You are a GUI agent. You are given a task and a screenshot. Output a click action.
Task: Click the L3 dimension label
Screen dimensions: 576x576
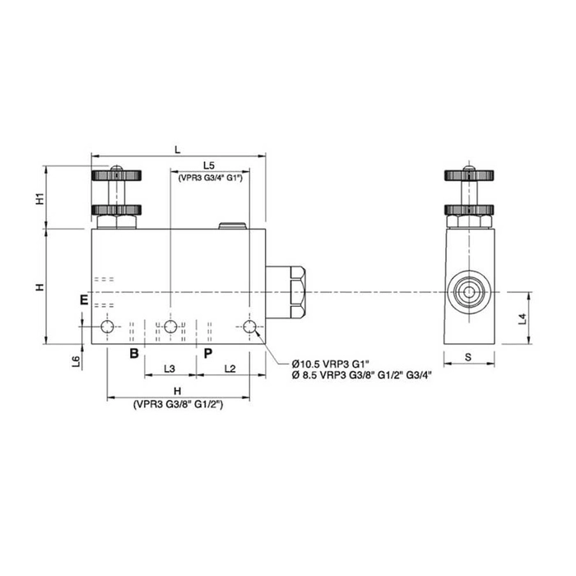(x=169, y=368)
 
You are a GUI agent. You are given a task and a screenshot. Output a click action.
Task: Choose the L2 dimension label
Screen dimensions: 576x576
(x=230, y=368)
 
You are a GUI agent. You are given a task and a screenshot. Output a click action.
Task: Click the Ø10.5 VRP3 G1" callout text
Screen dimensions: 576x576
(x=332, y=363)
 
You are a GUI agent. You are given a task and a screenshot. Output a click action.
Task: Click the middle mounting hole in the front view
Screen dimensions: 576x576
(x=170, y=327)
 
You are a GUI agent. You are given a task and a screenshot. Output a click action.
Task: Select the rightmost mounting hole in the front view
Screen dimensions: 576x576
(x=250, y=327)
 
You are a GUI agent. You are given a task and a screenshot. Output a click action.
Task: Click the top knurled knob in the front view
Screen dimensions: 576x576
(x=115, y=175)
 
